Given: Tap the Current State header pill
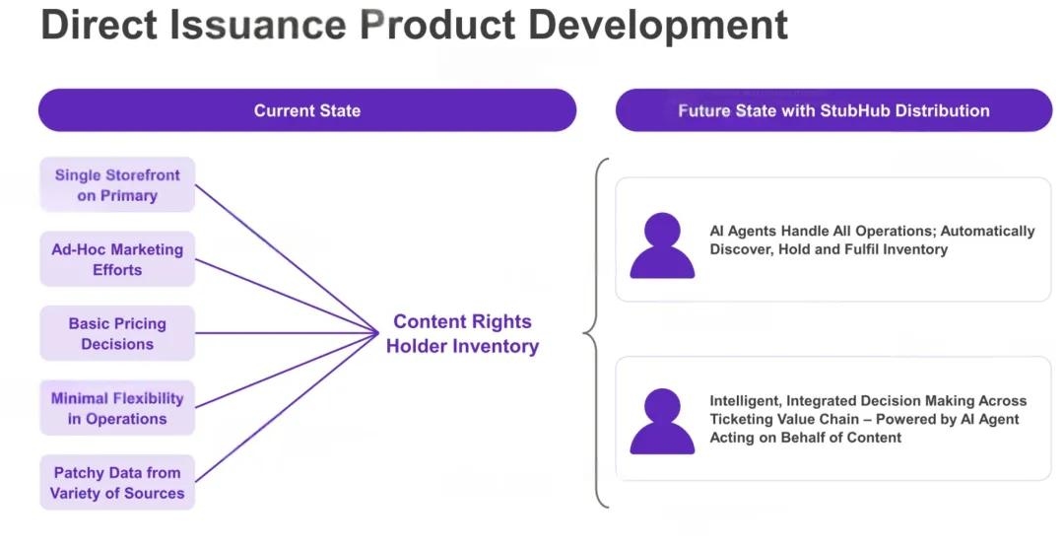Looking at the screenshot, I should pyautogui.click(x=306, y=110).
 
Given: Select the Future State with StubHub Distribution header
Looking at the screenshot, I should pyautogui.click(x=833, y=110).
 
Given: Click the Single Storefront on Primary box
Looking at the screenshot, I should pyautogui.click(x=117, y=185).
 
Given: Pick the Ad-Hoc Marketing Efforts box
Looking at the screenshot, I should pyautogui.click(x=117, y=259).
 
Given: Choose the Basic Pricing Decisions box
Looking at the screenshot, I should pyautogui.click(x=117, y=334).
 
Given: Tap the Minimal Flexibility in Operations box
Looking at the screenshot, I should pyautogui.click(x=117, y=408).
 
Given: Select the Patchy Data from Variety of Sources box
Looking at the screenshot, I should pyautogui.click(x=117, y=483).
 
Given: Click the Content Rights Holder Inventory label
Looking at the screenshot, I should pyautogui.click(x=462, y=334).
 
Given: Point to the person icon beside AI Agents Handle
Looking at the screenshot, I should pyautogui.click(x=662, y=245).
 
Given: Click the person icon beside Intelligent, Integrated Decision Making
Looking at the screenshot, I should pyautogui.click(x=662, y=421).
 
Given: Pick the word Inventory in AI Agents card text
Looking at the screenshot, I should pyautogui.click(x=916, y=249).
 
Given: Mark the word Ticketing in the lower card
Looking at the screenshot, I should pyautogui.click(x=742, y=419).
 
